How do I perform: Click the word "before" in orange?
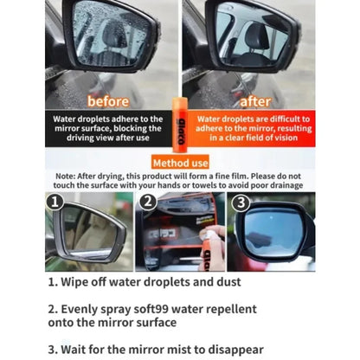point(108,101)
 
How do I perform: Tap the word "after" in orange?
point(255,101)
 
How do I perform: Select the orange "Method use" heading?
point(180,163)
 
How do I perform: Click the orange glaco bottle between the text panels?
point(179,125)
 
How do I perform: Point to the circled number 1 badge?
point(55,202)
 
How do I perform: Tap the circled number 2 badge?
point(148,202)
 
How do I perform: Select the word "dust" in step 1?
point(228,282)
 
